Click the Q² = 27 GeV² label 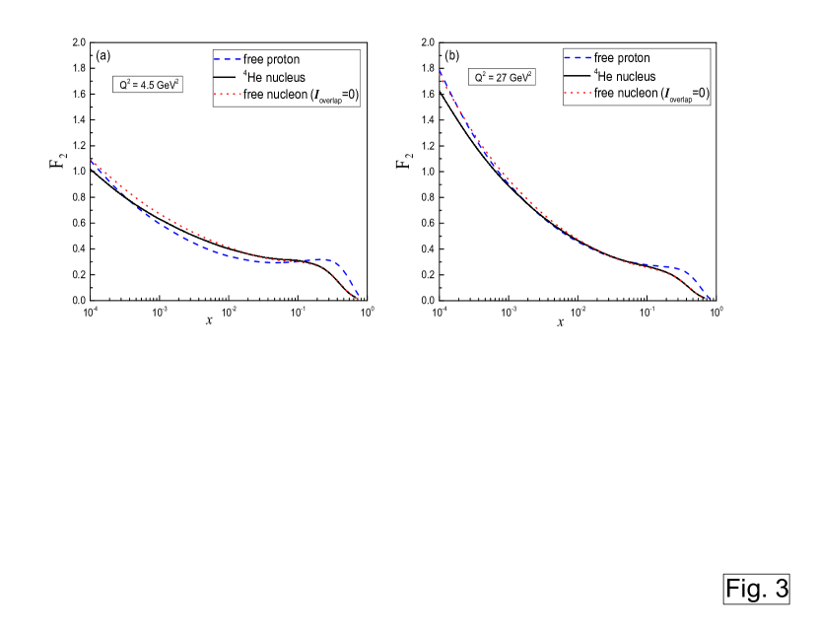click(501, 76)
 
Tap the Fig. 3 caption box click(757, 589)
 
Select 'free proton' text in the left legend click(272, 60)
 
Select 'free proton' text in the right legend click(622, 58)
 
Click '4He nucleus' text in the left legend click(275, 78)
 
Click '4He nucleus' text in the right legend click(625, 76)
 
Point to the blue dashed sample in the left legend click(229, 60)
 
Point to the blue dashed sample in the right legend click(579, 58)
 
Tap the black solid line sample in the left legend click(229, 78)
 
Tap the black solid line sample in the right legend click(579, 76)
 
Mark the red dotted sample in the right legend click(579, 94)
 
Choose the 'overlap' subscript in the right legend click(678, 98)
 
